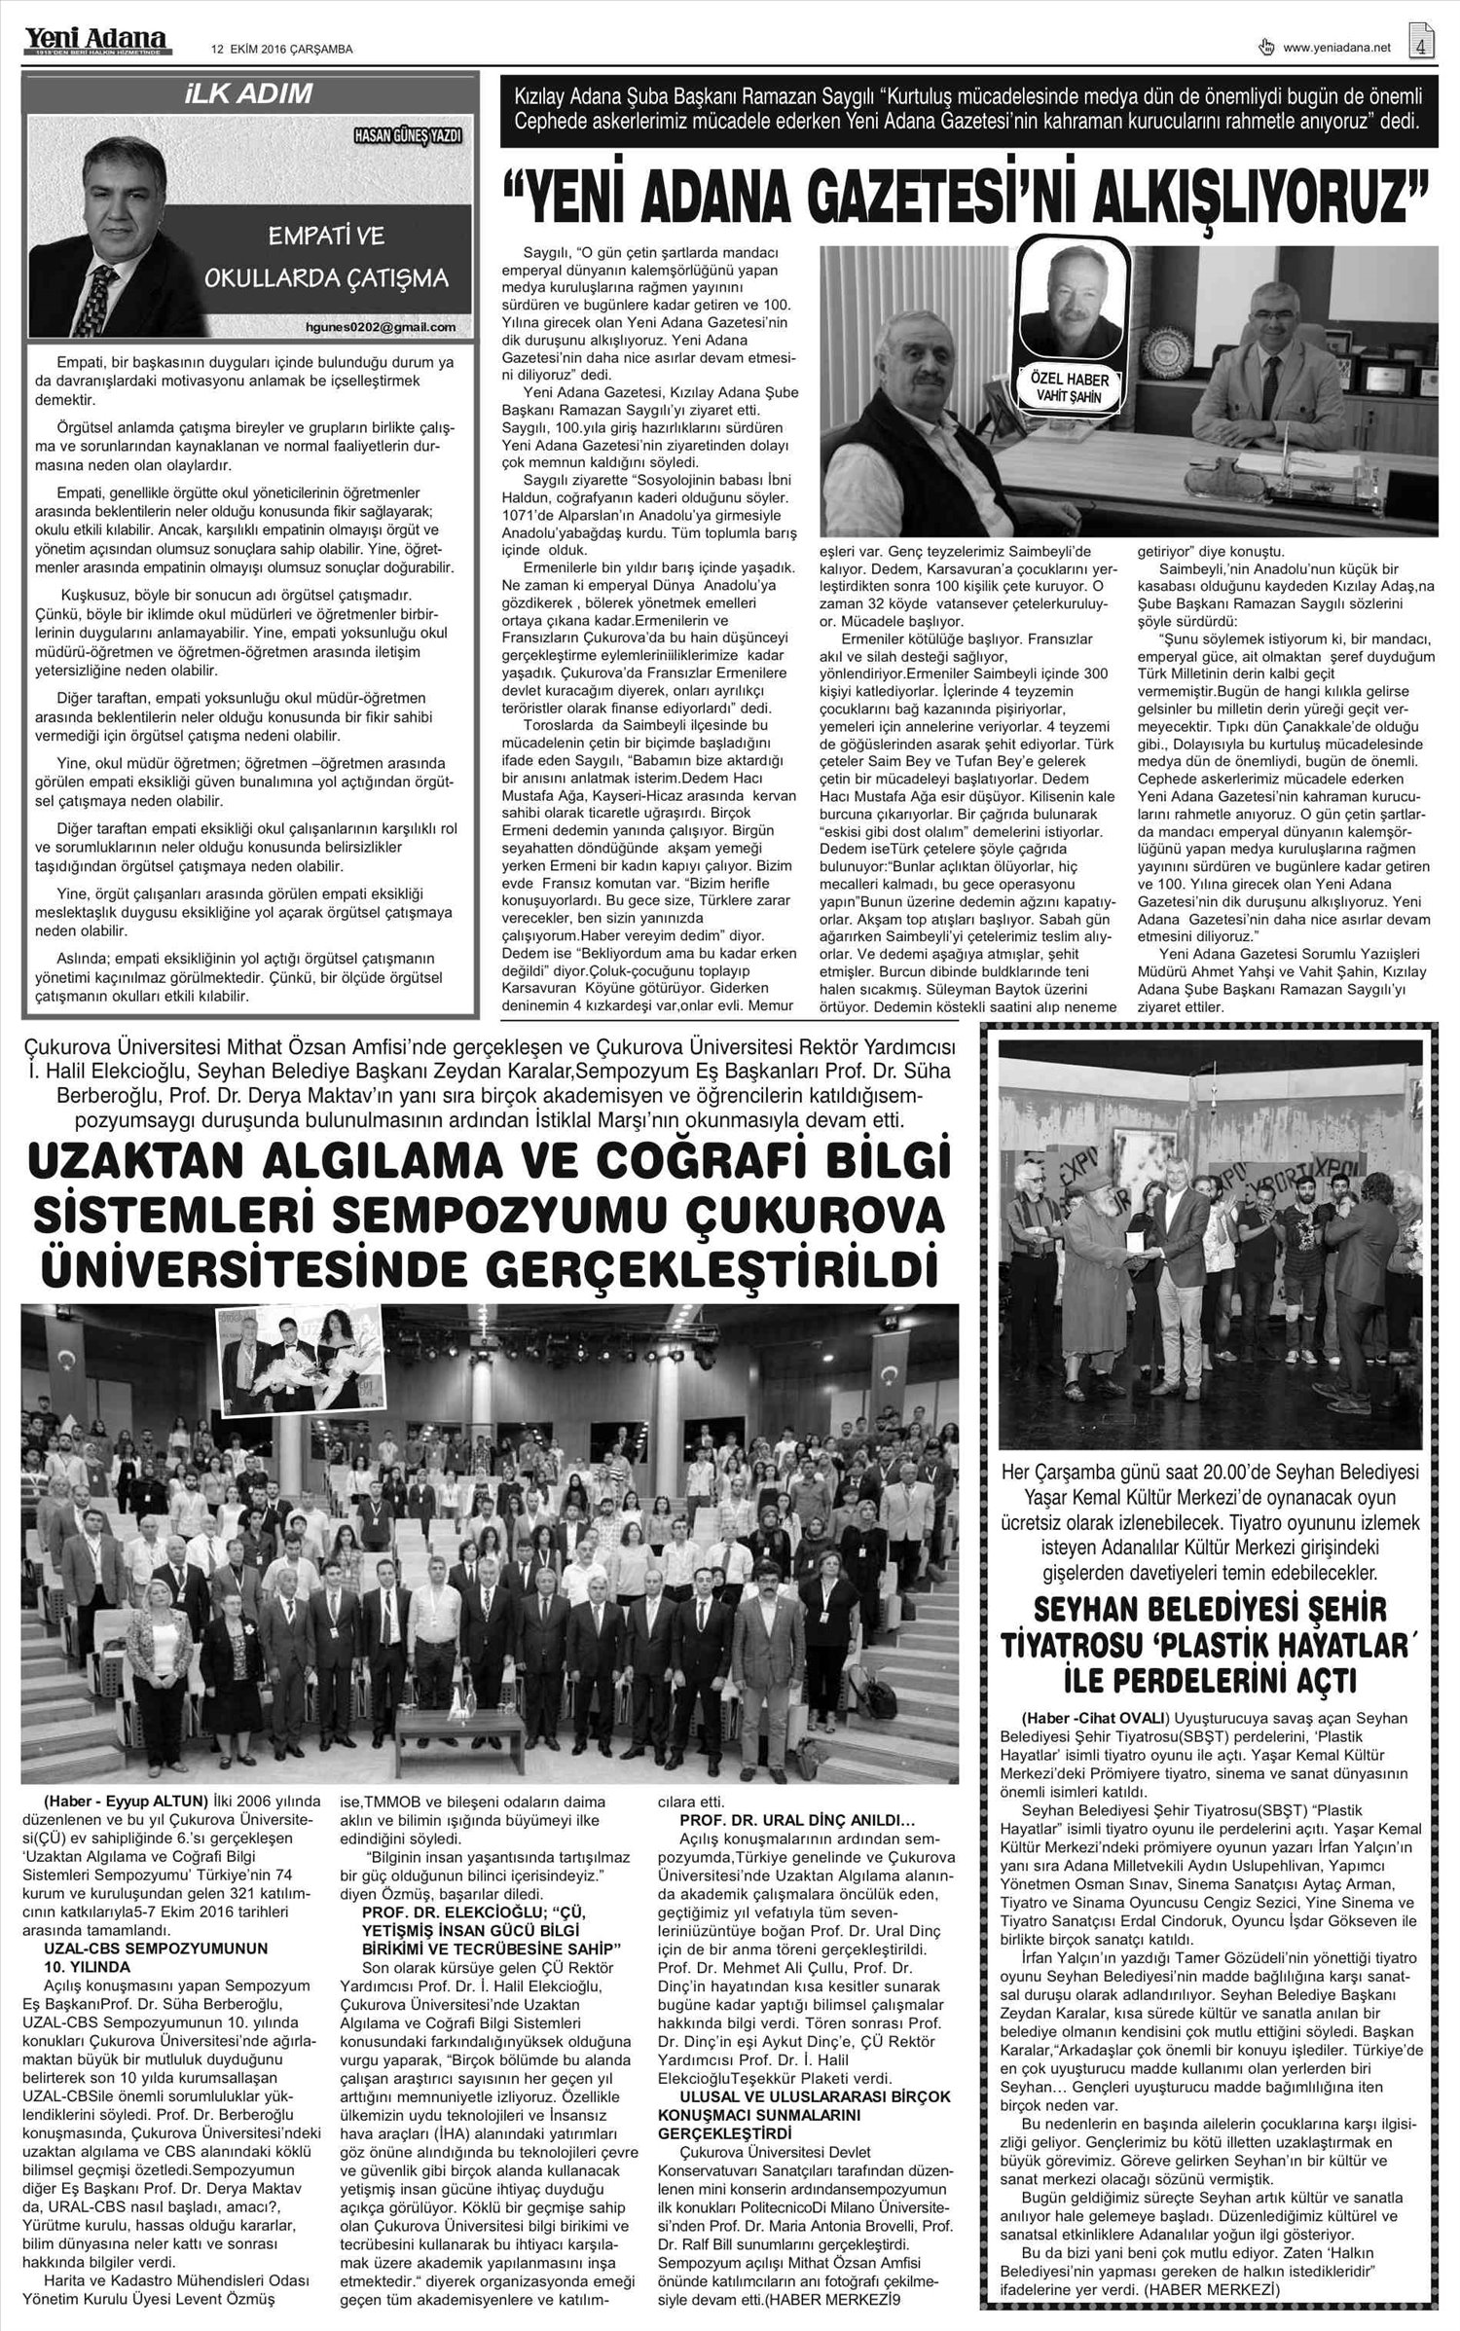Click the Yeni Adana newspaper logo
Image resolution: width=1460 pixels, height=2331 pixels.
coord(95,40)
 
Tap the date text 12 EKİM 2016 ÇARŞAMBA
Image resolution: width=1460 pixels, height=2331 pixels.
coord(282,49)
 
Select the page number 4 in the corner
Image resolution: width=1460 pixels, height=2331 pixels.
coord(1422,44)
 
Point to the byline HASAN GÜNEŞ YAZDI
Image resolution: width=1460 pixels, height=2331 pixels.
coord(408,134)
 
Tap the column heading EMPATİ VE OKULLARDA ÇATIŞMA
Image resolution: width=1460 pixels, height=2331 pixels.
coord(325,257)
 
